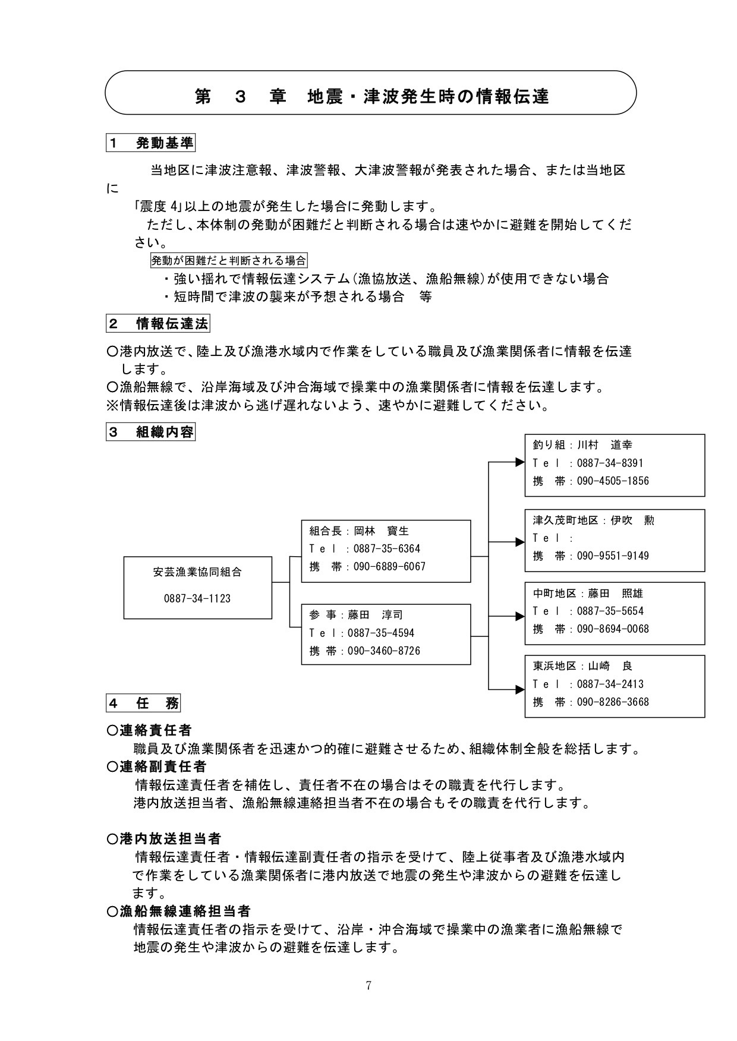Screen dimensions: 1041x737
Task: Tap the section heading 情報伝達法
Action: pyautogui.click(x=172, y=324)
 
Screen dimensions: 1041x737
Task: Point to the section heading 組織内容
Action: pyautogui.click(x=165, y=432)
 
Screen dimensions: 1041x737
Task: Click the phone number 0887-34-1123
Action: pyautogui.click(x=197, y=598)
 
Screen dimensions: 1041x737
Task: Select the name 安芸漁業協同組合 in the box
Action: pyautogui.click(x=197, y=572)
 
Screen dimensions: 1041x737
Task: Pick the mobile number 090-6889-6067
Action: pyautogui.click(x=389, y=567)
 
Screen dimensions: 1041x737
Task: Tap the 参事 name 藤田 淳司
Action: pyautogui.click(x=376, y=615)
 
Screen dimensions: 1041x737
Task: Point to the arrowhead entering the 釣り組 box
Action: pyautogui.click(x=519, y=462)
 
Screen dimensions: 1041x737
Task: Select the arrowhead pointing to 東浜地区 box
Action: pyautogui.click(x=519, y=689)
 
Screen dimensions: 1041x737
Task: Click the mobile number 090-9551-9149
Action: pyautogui.click(x=613, y=556)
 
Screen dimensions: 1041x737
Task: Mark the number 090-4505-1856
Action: pyautogui.click(x=613, y=481)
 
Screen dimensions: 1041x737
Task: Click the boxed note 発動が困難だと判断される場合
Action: pyautogui.click(x=229, y=260)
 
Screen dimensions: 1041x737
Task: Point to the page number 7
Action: pyautogui.click(x=368, y=986)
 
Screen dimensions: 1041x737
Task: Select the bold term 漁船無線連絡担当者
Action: pyautogui.click(x=185, y=911)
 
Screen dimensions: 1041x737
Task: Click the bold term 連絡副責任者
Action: pyautogui.click(x=163, y=766)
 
